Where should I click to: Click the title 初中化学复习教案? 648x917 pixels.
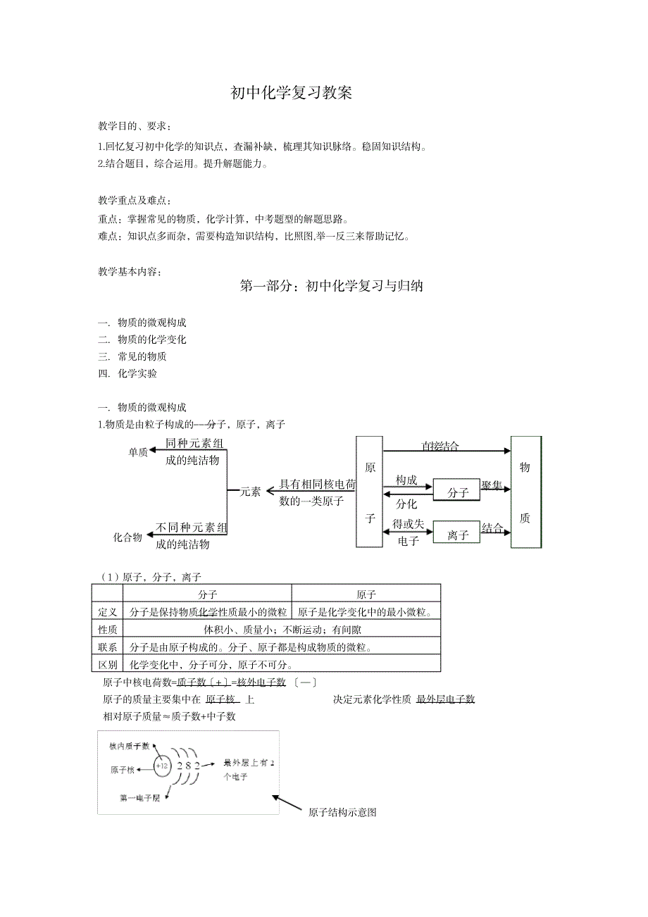[292, 93]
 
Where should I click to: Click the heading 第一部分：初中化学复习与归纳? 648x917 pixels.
[331, 286]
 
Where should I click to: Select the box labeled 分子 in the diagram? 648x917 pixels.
[457, 492]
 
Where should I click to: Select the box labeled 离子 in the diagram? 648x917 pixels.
[457, 535]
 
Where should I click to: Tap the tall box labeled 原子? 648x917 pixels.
[369, 492]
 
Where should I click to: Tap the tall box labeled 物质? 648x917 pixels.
[525, 492]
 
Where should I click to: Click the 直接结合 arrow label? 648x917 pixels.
[440, 445]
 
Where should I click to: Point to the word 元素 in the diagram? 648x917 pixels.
[250, 492]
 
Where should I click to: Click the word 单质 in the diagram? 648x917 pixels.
[138, 452]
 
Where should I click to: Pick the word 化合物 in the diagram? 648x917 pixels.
[128, 537]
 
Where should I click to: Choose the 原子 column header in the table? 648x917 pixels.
[366, 594]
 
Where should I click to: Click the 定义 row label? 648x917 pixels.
[108, 612]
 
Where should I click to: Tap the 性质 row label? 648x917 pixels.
[108, 630]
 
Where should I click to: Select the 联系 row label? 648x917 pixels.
[108, 647]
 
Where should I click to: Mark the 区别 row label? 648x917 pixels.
[108, 664]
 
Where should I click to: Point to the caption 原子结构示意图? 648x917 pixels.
[342, 812]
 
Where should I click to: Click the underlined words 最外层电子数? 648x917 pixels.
[445, 699]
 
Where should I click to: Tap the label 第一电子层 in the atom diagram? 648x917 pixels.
[140, 798]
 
